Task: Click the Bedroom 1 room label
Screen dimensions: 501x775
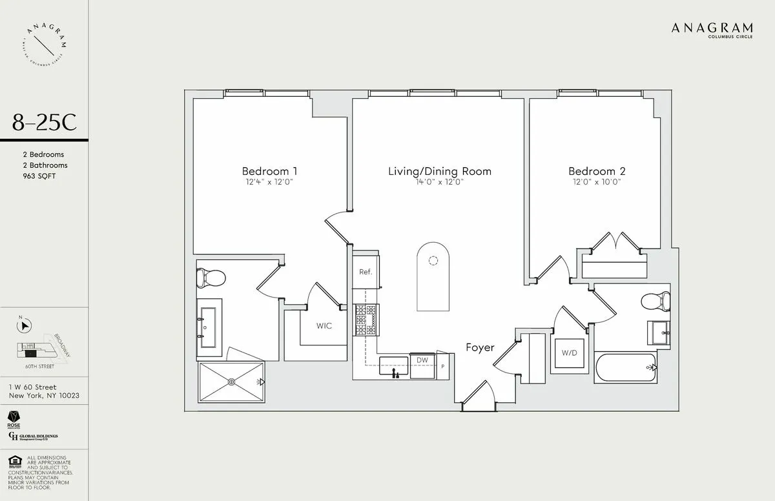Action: point(269,171)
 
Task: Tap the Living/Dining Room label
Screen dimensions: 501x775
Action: point(439,171)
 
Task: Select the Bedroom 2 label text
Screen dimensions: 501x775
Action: point(597,171)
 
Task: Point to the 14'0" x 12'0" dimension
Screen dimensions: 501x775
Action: point(439,183)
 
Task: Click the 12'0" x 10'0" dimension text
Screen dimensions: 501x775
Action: point(597,183)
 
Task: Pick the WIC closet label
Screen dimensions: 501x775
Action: point(324,326)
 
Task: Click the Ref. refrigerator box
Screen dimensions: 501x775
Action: point(366,271)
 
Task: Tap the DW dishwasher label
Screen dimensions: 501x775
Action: point(422,360)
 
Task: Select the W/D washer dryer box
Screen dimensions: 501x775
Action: point(569,353)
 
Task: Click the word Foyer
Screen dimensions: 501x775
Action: point(480,347)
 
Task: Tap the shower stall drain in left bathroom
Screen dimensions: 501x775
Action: point(232,382)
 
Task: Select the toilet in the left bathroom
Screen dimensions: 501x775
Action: point(211,278)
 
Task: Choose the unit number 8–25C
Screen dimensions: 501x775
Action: point(44,122)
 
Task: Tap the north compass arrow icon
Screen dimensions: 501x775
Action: point(25,327)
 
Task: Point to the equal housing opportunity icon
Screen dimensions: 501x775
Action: point(13,461)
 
